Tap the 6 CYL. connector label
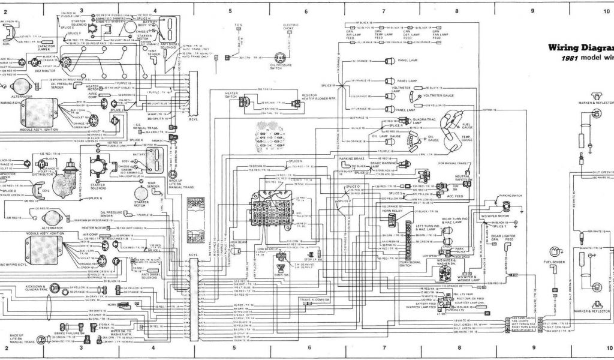click(192, 255)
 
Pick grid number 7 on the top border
click(383, 11)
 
